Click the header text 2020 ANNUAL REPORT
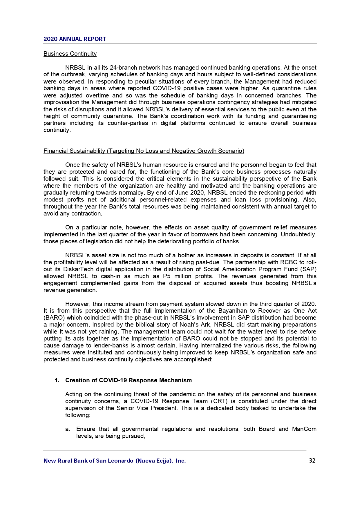pyautogui.click(x=75, y=39)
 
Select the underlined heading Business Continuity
pyautogui.click(x=70, y=54)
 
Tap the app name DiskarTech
pyautogui.click(x=78, y=269)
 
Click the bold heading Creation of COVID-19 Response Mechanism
pyautogui.click(x=129, y=380)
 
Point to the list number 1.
pyautogui.click(x=57, y=380)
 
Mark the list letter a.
pyautogui.click(x=68, y=429)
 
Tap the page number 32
pyautogui.click(x=312, y=461)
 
